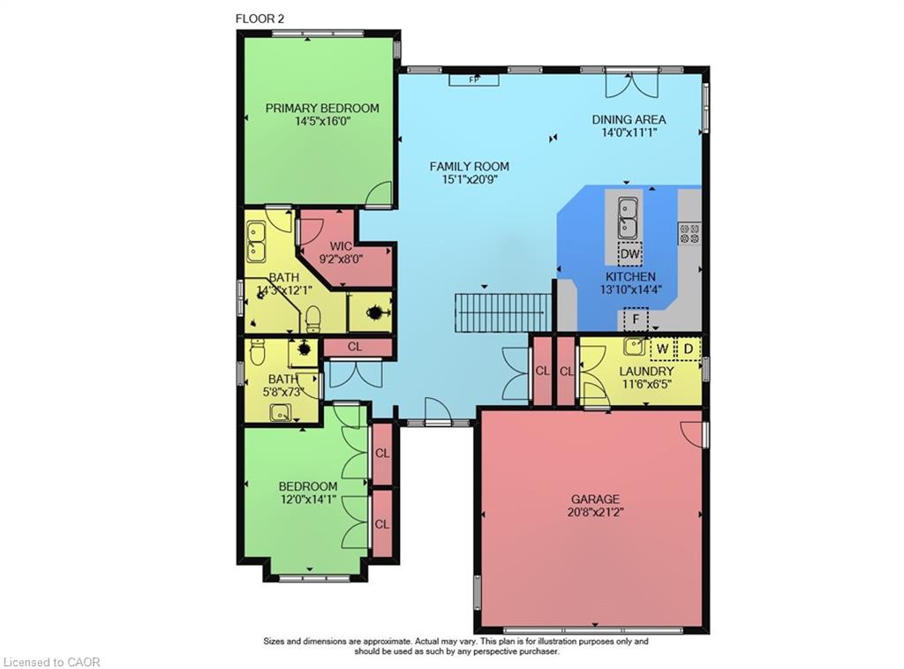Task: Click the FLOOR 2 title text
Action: (260, 18)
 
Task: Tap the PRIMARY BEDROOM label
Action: (322, 109)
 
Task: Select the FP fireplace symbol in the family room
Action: (473, 80)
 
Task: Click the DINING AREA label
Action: (629, 119)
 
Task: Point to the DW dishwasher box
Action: (629, 255)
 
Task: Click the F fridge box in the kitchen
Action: (635, 318)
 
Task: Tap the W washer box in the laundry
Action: (661, 348)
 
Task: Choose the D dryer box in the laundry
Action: (688, 348)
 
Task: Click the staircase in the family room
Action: (502, 312)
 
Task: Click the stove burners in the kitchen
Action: (689, 233)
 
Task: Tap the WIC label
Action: (342, 246)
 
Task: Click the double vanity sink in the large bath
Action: (257, 241)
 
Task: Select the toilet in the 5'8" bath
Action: (258, 353)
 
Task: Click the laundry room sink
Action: (633, 346)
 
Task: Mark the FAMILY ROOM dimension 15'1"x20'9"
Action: (469, 179)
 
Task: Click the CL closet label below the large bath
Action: (355, 347)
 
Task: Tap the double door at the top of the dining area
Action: (630, 86)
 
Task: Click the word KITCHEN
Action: (630, 276)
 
